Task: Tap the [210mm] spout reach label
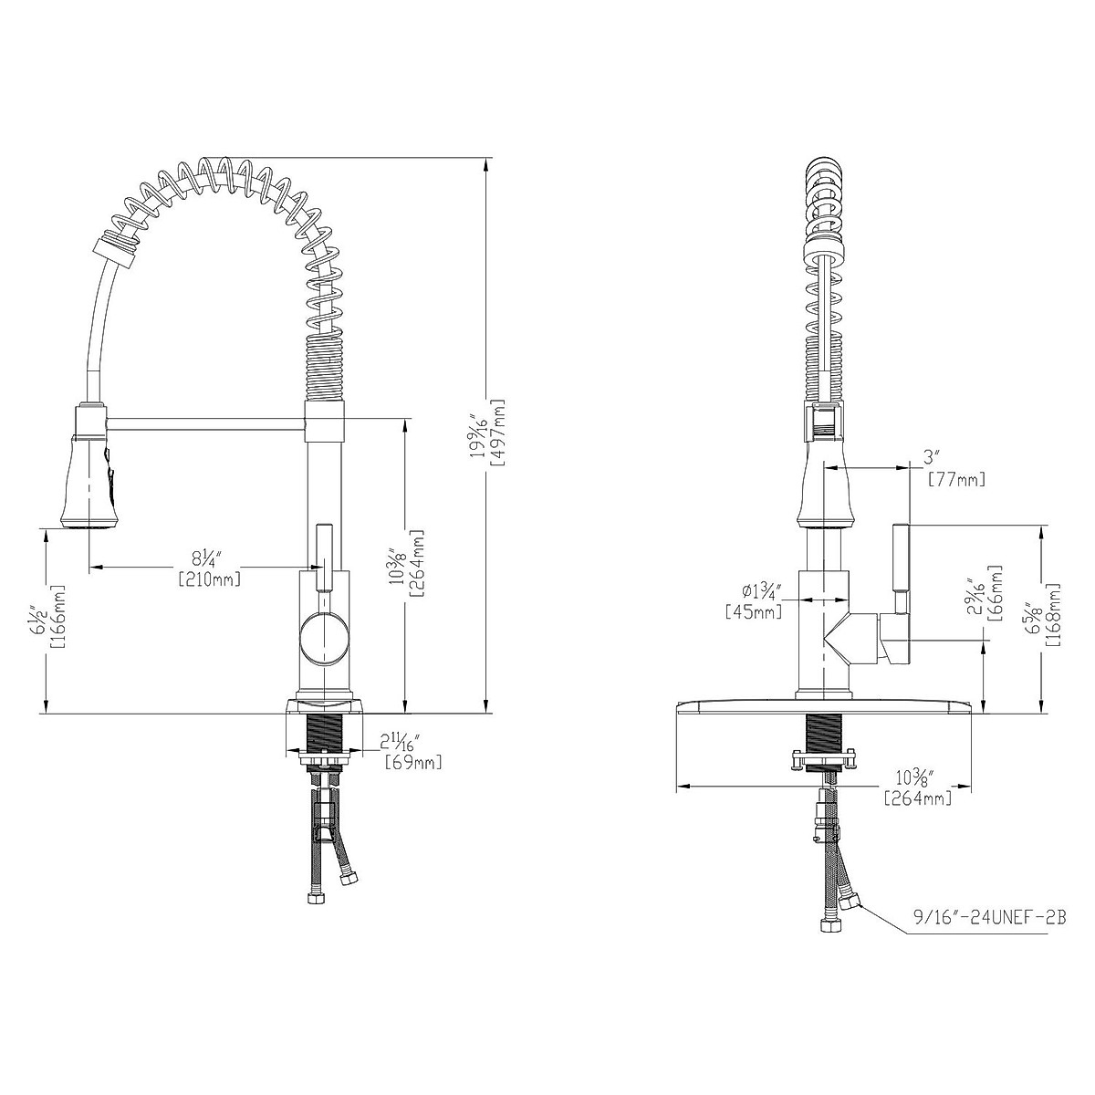click(x=210, y=579)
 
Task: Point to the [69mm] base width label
click(x=413, y=762)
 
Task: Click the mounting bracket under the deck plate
click(x=824, y=760)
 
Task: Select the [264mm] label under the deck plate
click(x=918, y=798)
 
